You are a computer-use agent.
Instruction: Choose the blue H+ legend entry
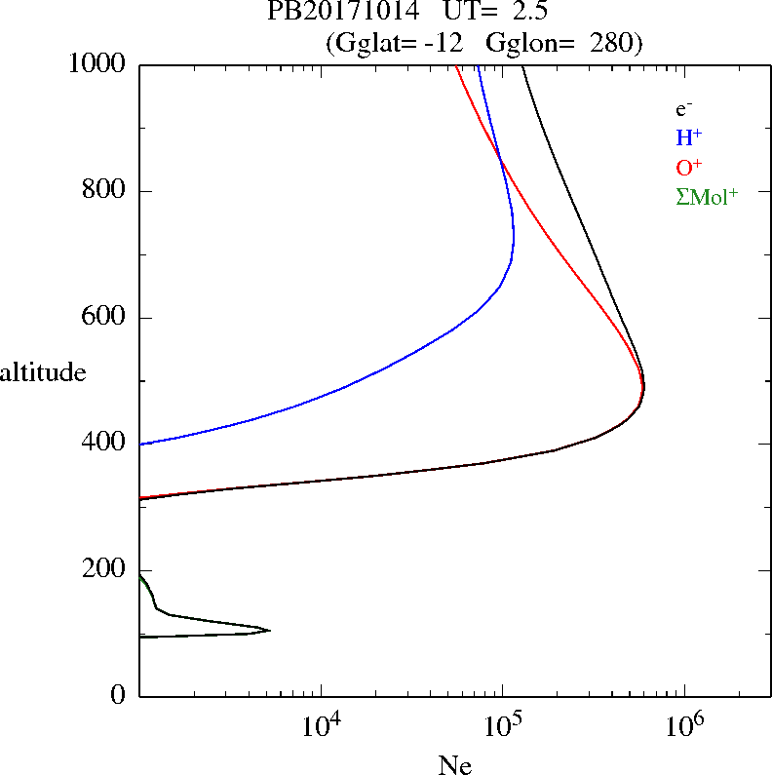coord(688,138)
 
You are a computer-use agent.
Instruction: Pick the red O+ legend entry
coord(689,168)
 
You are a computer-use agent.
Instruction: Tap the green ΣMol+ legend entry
coord(707,197)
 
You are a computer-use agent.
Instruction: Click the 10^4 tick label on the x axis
coord(322,724)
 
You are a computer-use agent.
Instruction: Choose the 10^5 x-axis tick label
coord(503,724)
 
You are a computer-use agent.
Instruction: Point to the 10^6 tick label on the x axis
coord(684,724)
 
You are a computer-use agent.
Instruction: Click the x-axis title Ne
coord(454,765)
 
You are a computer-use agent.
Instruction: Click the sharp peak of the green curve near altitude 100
coord(269,631)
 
